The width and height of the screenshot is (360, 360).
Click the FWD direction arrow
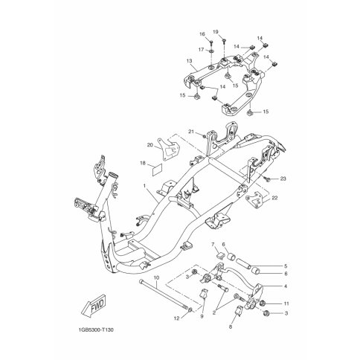(94, 306)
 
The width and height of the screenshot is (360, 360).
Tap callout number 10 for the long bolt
(156, 277)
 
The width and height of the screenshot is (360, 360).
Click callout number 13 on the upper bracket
(190, 61)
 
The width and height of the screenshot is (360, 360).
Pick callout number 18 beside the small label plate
(143, 163)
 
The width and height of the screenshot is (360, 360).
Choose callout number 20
(150, 145)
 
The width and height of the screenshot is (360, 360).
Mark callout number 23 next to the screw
(283, 179)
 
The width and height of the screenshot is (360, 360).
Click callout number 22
(274, 198)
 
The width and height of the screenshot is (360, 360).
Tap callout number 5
(286, 266)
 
